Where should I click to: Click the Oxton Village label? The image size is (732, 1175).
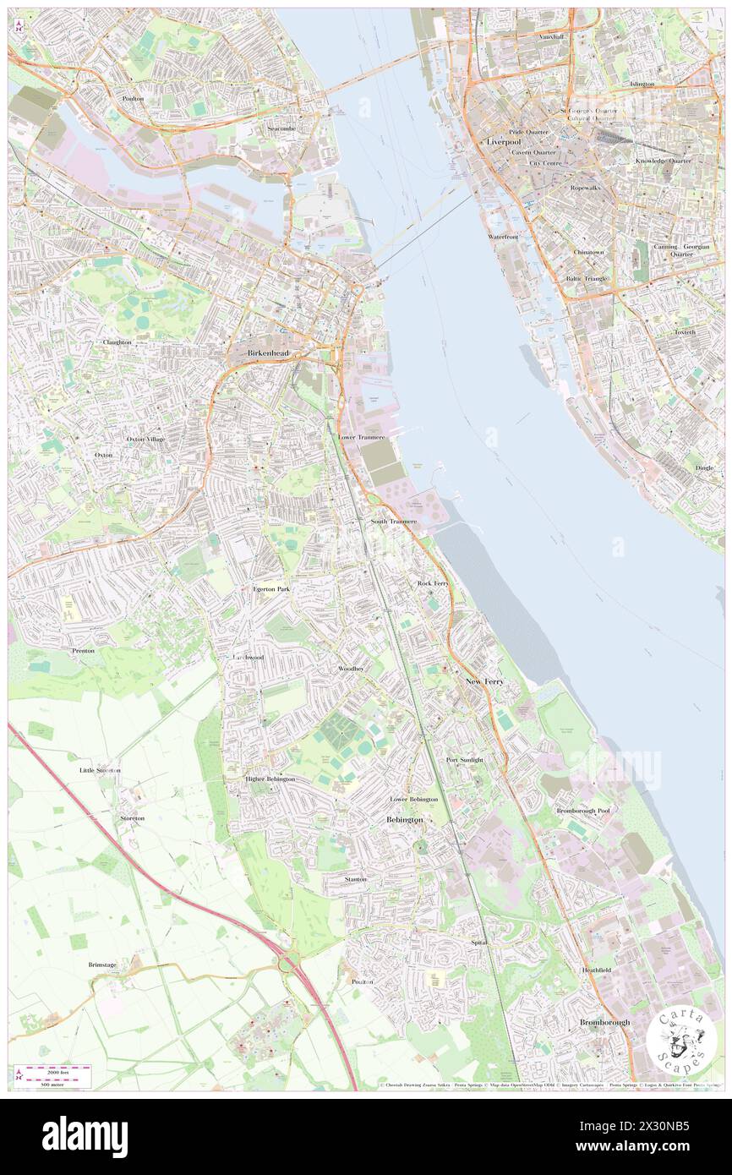click(145, 440)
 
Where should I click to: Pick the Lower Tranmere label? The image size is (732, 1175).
click(362, 437)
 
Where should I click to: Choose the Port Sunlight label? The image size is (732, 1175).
click(465, 760)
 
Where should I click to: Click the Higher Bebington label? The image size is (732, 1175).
click(270, 779)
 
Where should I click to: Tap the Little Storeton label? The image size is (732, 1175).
click(100, 771)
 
